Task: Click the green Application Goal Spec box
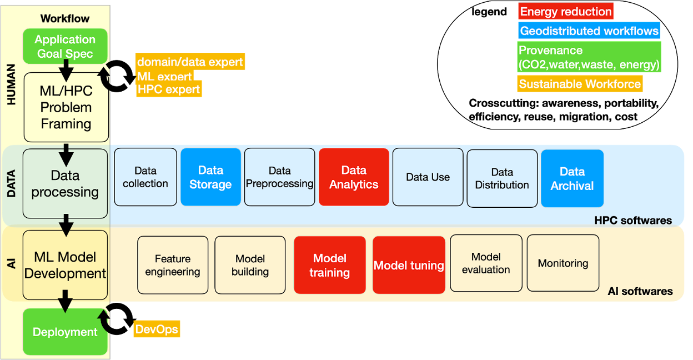click(x=65, y=46)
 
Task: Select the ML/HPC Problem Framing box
click(x=66, y=107)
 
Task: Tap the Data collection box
click(x=145, y=177)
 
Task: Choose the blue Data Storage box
click(x=210, y=177)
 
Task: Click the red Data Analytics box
click(x=354, y=177)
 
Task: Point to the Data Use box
click(x=428, y=177)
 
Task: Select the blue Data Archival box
click(x=573, y=178)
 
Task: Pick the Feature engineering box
click(x=173, y=265)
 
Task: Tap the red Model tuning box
click(x=409, y=265)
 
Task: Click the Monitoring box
click(x=563, y=263)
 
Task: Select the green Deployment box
click(x=65, y=332)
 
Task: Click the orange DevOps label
click(x=157, y=329)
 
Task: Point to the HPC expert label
click(x=169, y=89)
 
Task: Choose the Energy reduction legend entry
click(x=566, y=12)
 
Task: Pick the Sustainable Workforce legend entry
click(x=580, y=84)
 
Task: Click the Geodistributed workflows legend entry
click(x=589, y=31)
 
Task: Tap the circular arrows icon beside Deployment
click(x=117, y=318)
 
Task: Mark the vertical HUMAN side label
click(x=11, y=84)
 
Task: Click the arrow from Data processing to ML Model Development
click(x=66, y=225)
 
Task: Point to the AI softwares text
click(x=640, y=291)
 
